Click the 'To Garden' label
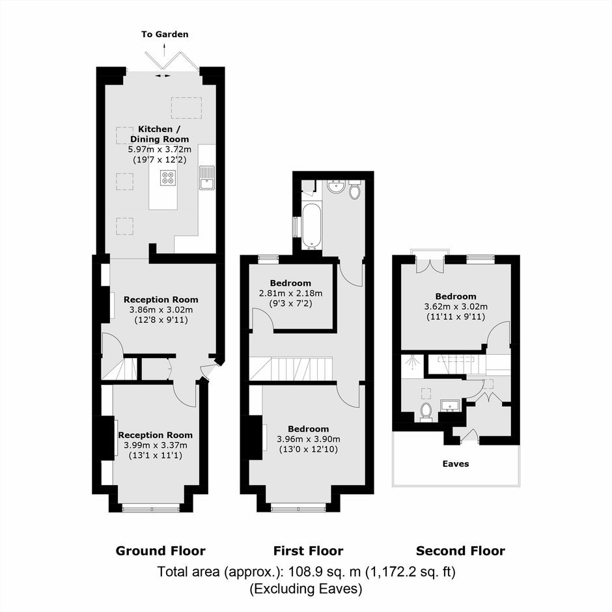click(x=165, y=35)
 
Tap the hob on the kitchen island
click(x=168, y=178)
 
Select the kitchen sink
click(x=207, y=178)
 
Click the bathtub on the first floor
click(x=312, y=226)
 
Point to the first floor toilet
click(x=354, y=189)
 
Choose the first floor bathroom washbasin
click(x=336, y=187)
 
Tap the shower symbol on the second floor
click(x=411, y=362)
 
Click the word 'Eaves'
click(x=456, y=464)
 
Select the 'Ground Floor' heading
click(x=160, y=551)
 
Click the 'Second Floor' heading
click(x=460, y=551)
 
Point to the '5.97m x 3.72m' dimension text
click(x=160, y=150)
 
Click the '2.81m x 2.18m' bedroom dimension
click(x=291, y=293)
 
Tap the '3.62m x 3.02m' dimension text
click(x=456, y=307)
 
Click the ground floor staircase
click(x=119, y=369)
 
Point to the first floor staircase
click(x=291, y=369)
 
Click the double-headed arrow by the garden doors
click(x=163, y=76)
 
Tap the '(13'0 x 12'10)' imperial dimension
click(x=309, y=449)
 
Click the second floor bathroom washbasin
click(x=450, y=406)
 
